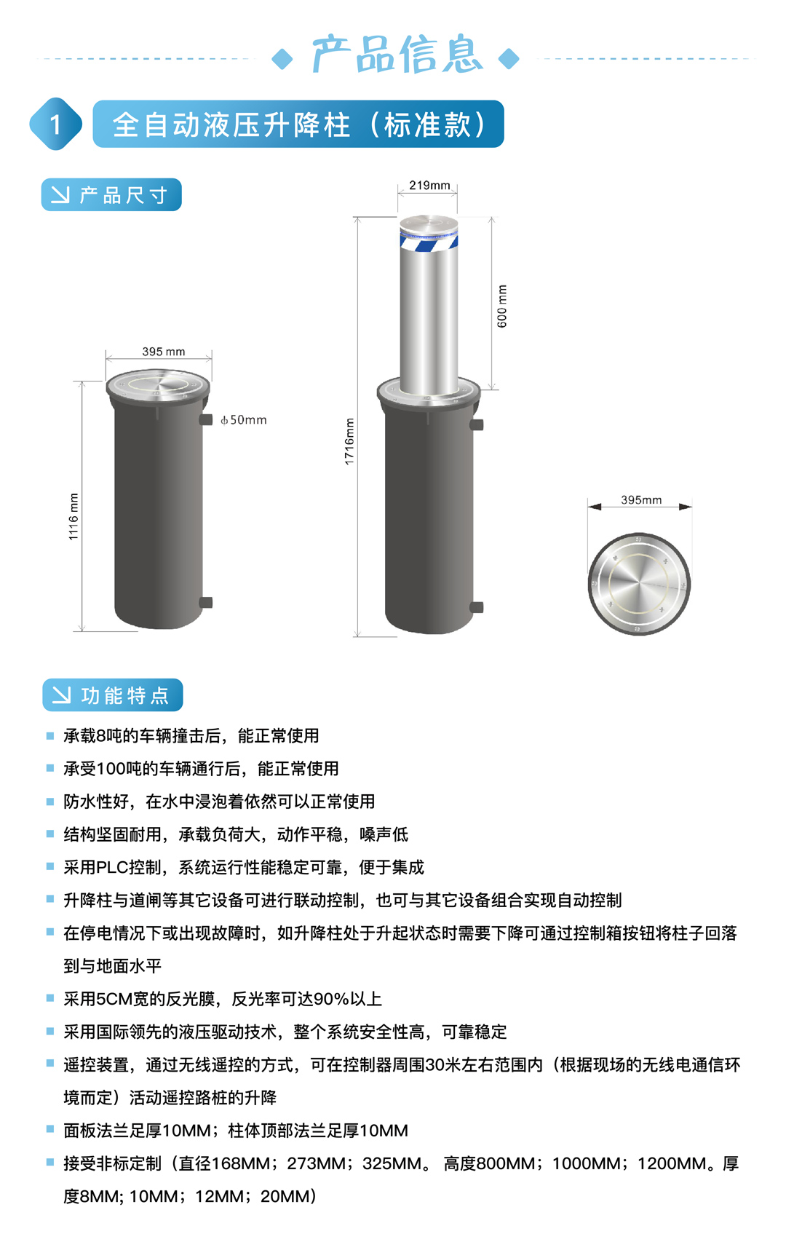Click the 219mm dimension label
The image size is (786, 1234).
tap(429, 185)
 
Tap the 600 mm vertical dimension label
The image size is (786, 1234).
tap(501, 306)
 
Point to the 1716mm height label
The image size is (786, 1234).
tap(349, 441)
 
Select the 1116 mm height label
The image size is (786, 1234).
tap(74, 516)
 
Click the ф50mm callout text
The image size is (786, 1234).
tap(244, 420)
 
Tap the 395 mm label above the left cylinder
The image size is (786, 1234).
tap(164, 352)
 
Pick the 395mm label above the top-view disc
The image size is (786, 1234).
tap(641, 499)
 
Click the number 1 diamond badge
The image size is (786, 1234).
tap(55, 124)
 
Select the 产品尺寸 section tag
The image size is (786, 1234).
tap(111, 194)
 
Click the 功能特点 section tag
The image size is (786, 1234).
tap(112, 695)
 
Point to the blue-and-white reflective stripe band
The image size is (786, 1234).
tap(429, 241)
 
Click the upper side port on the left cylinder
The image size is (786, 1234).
tap(205, 420)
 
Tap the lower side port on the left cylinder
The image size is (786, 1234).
tap(205, 603)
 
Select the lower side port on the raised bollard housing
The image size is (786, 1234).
tap(477, 608)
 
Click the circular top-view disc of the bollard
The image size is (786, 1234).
tap(639, 584)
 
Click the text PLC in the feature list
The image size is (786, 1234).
tap(112, 867)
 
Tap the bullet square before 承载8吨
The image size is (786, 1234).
tap(50, 735)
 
